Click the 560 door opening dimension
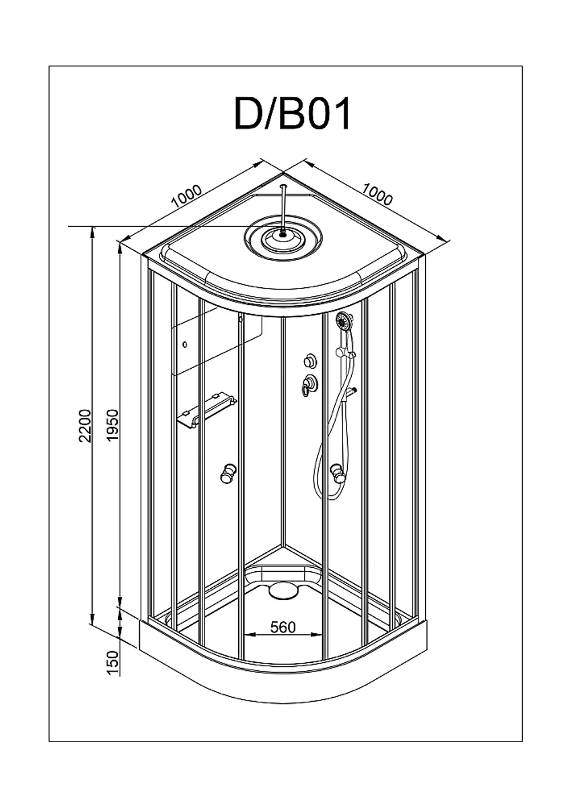[x=283, y=627]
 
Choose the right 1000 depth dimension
[x=377, y=194]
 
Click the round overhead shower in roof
[x=283, y=235]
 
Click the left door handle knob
[x=229, y=474]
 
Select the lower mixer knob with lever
[x=309, y=384]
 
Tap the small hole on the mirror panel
[x=185, y=344]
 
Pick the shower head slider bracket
[x=345, y=352]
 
